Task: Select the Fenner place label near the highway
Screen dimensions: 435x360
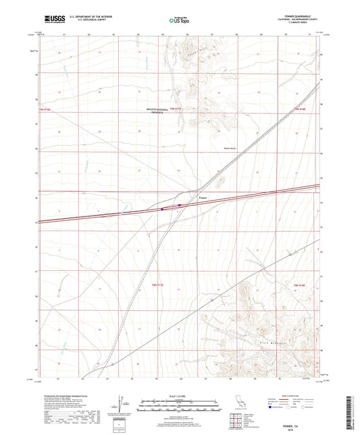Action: pos(202,198)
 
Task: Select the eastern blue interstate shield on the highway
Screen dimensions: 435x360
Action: pos(180,205)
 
